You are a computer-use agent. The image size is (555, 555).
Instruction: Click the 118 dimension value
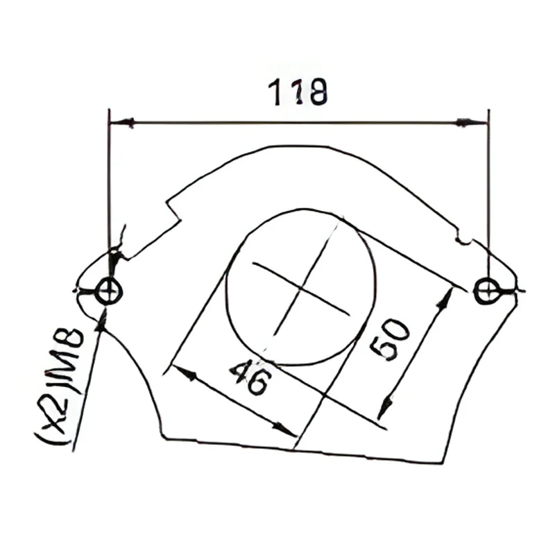(x=298, y=92)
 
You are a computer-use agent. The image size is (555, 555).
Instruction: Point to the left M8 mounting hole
(x=109, y=291)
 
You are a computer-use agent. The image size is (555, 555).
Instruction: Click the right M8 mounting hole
(x=487, y=291)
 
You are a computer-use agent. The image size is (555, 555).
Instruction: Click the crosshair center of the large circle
(x=301, y=288)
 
